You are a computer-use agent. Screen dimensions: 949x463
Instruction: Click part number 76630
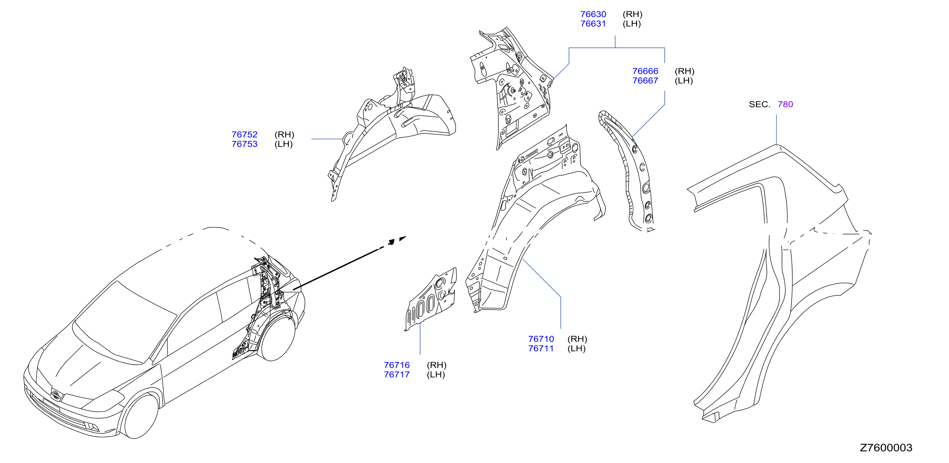(593, 14)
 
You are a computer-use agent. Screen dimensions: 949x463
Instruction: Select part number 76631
(593, 24)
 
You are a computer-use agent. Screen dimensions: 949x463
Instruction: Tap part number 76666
(645, 71)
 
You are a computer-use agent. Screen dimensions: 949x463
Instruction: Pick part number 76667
(645, 81)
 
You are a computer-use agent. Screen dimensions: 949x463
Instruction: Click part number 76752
(245, 135)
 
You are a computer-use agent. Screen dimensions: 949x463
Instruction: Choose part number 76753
(245, 144)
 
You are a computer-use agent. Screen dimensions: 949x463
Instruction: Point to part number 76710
(541, 339)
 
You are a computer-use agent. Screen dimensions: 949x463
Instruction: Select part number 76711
(541, 348)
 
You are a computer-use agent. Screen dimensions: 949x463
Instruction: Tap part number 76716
(397, 365)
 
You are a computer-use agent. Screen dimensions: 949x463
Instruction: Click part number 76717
(397, 375)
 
